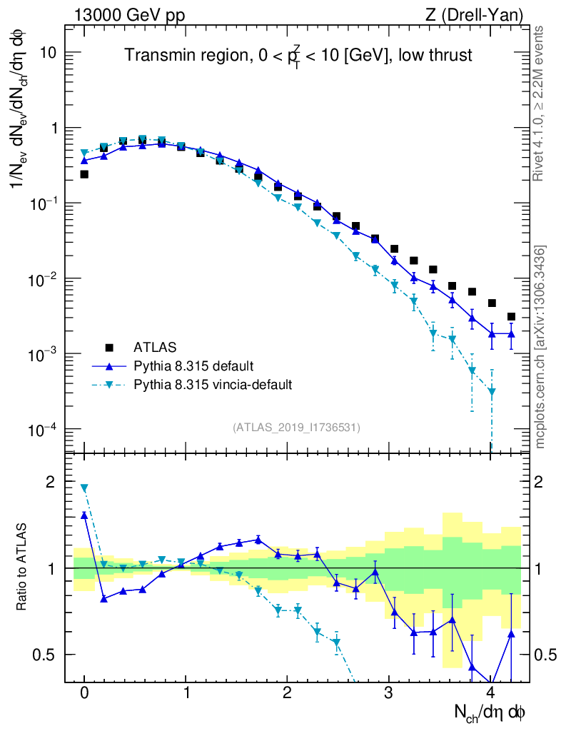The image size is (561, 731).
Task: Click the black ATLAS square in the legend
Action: tap(109, 348)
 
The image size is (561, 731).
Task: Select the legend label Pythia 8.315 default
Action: tap(193, 366)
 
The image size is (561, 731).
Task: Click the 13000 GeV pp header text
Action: tap(129, 14)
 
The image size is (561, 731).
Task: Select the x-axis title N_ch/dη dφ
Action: tap(490, 712)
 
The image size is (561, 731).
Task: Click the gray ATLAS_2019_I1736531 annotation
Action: tap(295, 428)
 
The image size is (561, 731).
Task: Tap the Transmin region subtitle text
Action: tap(298, 56)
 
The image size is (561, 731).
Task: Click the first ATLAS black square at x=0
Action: tap(84, 174)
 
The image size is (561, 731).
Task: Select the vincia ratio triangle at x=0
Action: tap(84, 488)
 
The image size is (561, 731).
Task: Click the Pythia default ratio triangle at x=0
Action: tap(84, 515)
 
